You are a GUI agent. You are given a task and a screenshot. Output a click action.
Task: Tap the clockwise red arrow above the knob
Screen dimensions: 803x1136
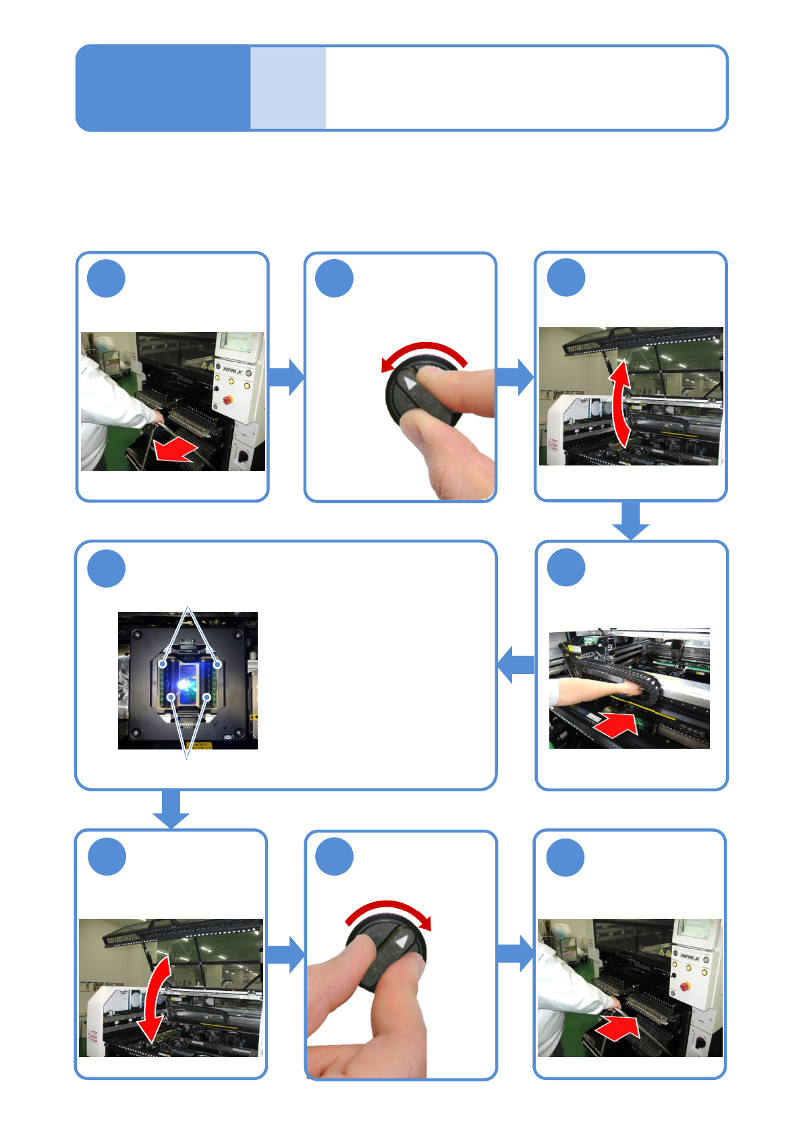(389, 910)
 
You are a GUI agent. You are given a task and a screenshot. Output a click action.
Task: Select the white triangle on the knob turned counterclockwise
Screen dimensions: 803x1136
(410, 383)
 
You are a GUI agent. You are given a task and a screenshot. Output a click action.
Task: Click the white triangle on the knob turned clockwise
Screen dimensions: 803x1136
(403, 942)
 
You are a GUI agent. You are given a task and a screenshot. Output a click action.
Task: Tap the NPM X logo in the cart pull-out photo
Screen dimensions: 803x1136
(233, 370)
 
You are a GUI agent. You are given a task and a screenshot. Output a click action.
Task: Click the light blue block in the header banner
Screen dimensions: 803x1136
(288, 88)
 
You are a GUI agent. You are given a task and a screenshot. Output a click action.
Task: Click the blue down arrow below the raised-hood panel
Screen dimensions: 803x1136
(631, 520)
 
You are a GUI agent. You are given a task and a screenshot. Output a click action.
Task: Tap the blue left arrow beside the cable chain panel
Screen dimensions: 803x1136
(516, 664)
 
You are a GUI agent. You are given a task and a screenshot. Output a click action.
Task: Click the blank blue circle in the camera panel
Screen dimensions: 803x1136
(106, 568)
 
